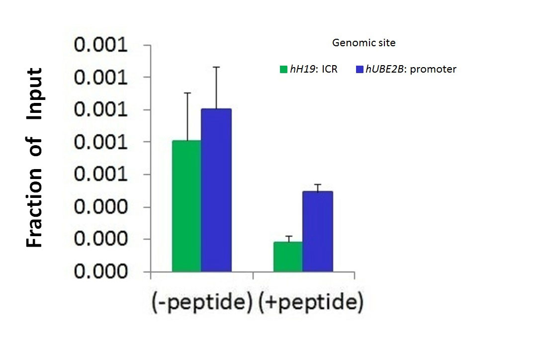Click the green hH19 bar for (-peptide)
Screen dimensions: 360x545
click(x=186, y=206)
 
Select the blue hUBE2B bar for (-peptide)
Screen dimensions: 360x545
click(x=216, y=190)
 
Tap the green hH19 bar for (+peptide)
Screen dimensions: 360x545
click(x=288, y=257)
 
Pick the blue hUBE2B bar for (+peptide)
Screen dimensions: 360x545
click(x=317, y=231)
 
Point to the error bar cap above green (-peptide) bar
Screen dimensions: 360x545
click(x=186, y=93)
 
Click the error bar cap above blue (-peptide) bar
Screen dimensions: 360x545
click(x=216, y=67)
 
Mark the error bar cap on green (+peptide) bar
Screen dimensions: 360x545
click(x=288, y=236)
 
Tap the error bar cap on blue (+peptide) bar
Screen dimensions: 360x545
click(x=317, y=184)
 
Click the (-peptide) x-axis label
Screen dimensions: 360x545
click(x=201, y=302)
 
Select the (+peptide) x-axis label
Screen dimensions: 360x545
click(x=311, y=302)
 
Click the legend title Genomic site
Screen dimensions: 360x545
click(x=363, y=43)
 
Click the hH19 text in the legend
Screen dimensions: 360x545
click(x=301, y=70)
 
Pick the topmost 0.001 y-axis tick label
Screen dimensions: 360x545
click(x=101, y=46)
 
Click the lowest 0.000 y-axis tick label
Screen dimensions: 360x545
click(x=101, y=272)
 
